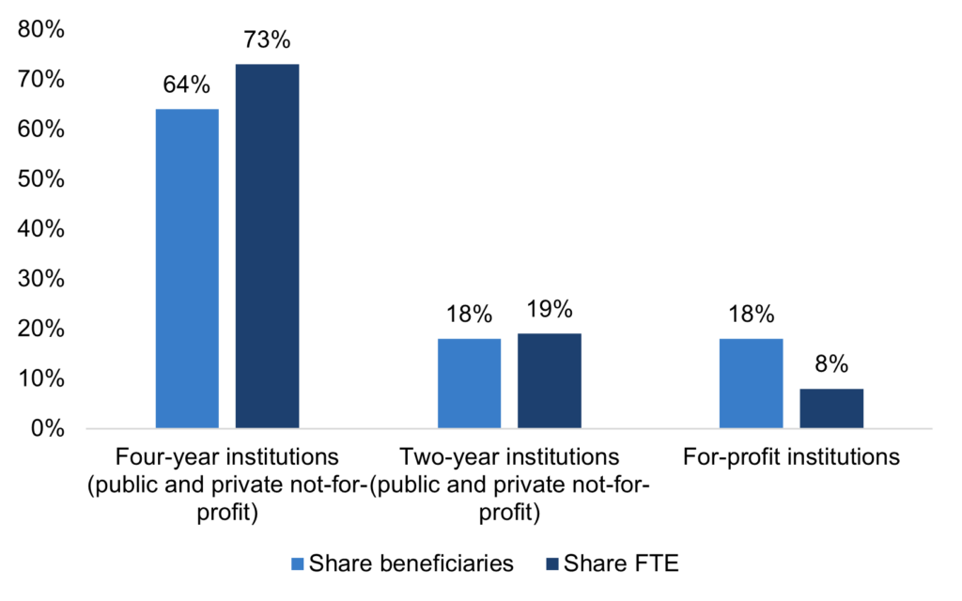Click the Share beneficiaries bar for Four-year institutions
coord(187,269)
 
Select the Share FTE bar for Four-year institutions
coord(267,246)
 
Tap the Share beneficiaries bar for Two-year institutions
coord(469,383)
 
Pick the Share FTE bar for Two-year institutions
coord(549,380)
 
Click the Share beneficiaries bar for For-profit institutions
coord(751,383)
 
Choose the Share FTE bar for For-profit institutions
coord(831,408)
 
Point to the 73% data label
coord(267,41)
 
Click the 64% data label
coord(187,86)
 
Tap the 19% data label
coord(549,310)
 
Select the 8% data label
coord(831,365)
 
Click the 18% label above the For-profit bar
coord(751,315)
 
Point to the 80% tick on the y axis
coord(40,30)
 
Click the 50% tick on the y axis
coord(40,179)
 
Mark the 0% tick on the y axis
coord(46,429)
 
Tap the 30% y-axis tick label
coord(40,280)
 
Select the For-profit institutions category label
coord(791,458)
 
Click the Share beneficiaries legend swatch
coord(298,563)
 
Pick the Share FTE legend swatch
coord(551,563)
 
